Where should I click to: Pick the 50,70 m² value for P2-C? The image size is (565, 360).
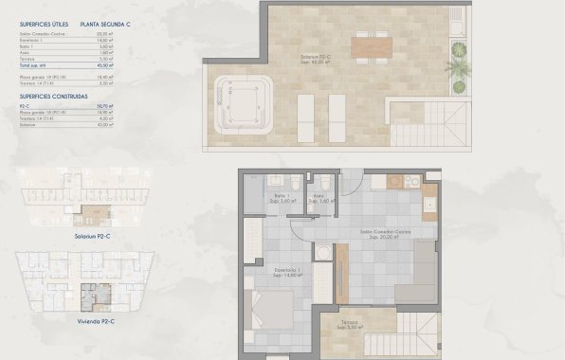(x=104, y=106)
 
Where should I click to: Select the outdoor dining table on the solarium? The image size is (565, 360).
(x=371, y=45)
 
